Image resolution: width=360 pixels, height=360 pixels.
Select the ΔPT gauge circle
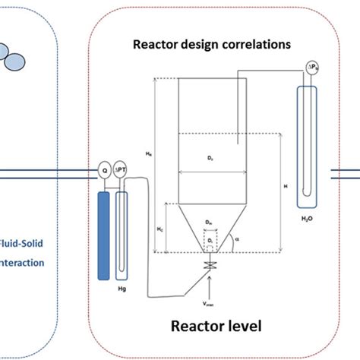[120, 172]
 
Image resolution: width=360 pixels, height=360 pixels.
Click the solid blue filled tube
[104, 220]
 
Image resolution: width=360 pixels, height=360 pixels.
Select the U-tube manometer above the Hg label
[122, 220]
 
